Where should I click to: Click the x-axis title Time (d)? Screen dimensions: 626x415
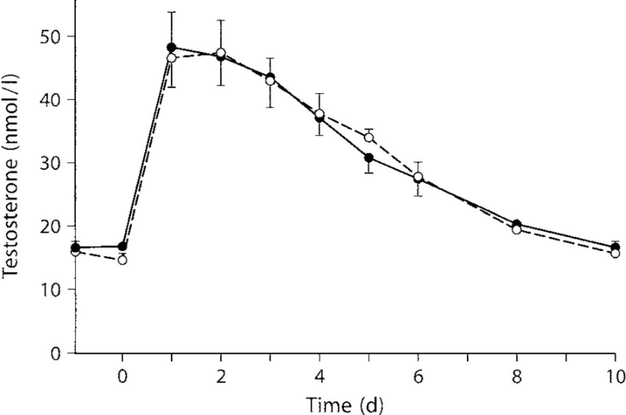(x=345, y=405)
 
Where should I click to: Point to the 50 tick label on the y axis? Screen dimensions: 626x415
(x=51, y=37)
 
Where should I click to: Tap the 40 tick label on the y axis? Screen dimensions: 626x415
(x=51, y=100)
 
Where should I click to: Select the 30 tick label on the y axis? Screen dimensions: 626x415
(x=51, y=163)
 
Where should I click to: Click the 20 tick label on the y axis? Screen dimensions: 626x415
(x=51, y=227)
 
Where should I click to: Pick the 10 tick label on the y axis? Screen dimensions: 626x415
(x=51, y=290)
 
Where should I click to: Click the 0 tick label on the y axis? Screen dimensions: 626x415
(x=57, y=353)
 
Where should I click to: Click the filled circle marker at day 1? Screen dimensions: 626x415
(x=171, y=48)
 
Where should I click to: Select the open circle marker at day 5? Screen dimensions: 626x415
(x=369, y=138)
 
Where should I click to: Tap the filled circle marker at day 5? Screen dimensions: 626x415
(x=369, y=158)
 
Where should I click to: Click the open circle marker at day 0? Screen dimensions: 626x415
(x=123, y=260)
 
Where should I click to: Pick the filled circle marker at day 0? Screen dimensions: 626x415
(x=123, y=246)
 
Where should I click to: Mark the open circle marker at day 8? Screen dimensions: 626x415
(x=517, y=230)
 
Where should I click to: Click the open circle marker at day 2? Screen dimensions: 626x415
(x=221, y=52)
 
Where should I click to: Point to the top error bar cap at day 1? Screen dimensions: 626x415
(x=172, y=12)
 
